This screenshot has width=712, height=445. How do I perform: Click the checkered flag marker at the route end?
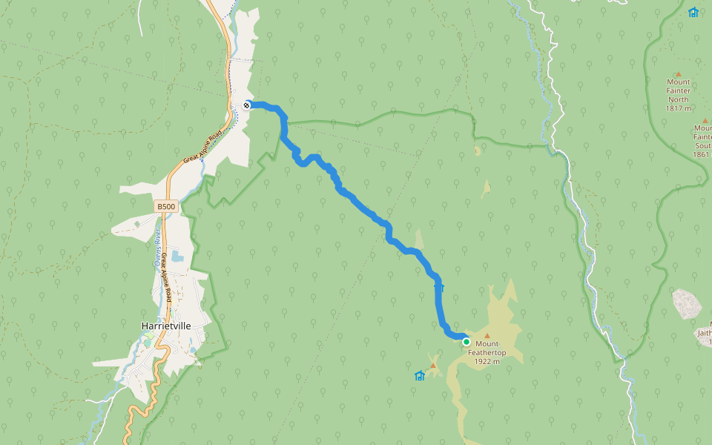coord(247,105)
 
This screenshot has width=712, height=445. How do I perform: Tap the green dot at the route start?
coord(467,342)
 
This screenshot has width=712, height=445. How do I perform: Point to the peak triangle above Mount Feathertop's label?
coord(487,336)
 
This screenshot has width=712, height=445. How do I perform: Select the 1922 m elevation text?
coord(487,361)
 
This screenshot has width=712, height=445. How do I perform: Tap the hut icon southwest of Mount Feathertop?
coord(419,376)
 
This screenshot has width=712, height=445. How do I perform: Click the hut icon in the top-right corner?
coord(693,12)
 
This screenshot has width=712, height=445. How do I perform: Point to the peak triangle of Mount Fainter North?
coord(678,74)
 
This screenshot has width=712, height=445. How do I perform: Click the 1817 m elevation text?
coord(678,108)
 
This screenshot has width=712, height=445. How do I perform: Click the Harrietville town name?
coord(166,326)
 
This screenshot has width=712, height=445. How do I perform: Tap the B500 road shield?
coord(166,206)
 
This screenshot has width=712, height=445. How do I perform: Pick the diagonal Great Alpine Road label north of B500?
coord(203,148)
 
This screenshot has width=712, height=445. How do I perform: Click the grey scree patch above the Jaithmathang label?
coord(687,304)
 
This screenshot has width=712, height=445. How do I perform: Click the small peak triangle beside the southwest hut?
coord(433,365)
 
